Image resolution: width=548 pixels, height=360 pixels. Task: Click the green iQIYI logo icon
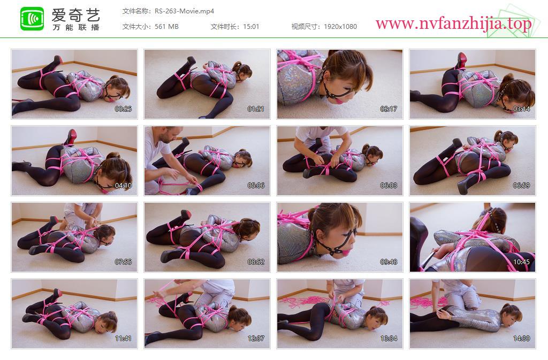coord(32,19)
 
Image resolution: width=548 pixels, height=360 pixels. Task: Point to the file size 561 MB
coord(166,27)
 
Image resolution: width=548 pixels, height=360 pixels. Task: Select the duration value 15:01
coord(251,27)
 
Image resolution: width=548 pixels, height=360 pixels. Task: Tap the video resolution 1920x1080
coord(340,27)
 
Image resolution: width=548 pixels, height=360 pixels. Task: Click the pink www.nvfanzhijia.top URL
coord(453,24)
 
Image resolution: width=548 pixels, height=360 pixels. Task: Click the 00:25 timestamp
coord(124,109)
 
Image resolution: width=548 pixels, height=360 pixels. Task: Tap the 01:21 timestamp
coord(256,109)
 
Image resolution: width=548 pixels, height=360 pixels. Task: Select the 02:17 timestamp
coord(389,109)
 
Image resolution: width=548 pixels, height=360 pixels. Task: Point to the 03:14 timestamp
coord(521,109)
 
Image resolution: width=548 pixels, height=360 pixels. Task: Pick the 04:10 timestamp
coord(124,186)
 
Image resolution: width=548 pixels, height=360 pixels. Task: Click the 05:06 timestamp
coord(256,186)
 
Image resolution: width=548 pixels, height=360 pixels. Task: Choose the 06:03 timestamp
coord(389,186)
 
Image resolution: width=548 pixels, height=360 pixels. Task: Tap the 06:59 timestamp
coord(521,186)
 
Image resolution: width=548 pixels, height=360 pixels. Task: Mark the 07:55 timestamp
coord(124,262)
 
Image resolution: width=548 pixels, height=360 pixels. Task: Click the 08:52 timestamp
coord(256,262)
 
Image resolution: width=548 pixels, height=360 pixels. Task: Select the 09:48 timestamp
coord(389,262)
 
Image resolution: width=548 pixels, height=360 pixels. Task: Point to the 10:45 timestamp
coord(521,262)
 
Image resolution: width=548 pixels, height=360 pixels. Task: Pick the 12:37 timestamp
coord(256,339)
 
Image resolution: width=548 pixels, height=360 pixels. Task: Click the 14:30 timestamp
coord(521,339)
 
